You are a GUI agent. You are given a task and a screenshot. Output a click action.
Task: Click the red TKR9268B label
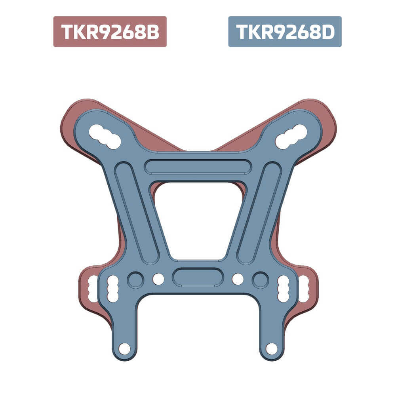(x=110, y=32)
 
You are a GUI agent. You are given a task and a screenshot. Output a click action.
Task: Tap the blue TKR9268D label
(x=285, y=32)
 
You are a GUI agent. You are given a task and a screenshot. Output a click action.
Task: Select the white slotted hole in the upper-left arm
(x=105, y=137)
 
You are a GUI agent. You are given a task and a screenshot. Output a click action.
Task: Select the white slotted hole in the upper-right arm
(x=291, y=137)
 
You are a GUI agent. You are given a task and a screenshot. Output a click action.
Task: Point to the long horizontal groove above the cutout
(x=198, y=166)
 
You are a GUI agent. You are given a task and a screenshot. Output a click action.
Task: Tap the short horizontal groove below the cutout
(x=198, y=277)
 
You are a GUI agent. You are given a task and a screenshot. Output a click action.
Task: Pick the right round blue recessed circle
(x=261, y=280)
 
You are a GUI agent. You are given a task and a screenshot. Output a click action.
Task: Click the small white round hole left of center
(x=158, y=279)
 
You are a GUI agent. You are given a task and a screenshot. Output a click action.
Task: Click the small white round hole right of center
(x=238, y=279)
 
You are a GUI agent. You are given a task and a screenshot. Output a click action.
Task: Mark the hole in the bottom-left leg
(x=124, y=349)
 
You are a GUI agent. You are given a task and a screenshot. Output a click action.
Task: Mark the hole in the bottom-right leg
(x=272, y=349)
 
